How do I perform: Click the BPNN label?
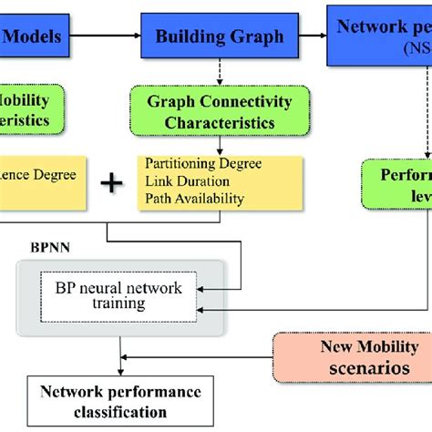point(44,246)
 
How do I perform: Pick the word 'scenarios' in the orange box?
point(369,367)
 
